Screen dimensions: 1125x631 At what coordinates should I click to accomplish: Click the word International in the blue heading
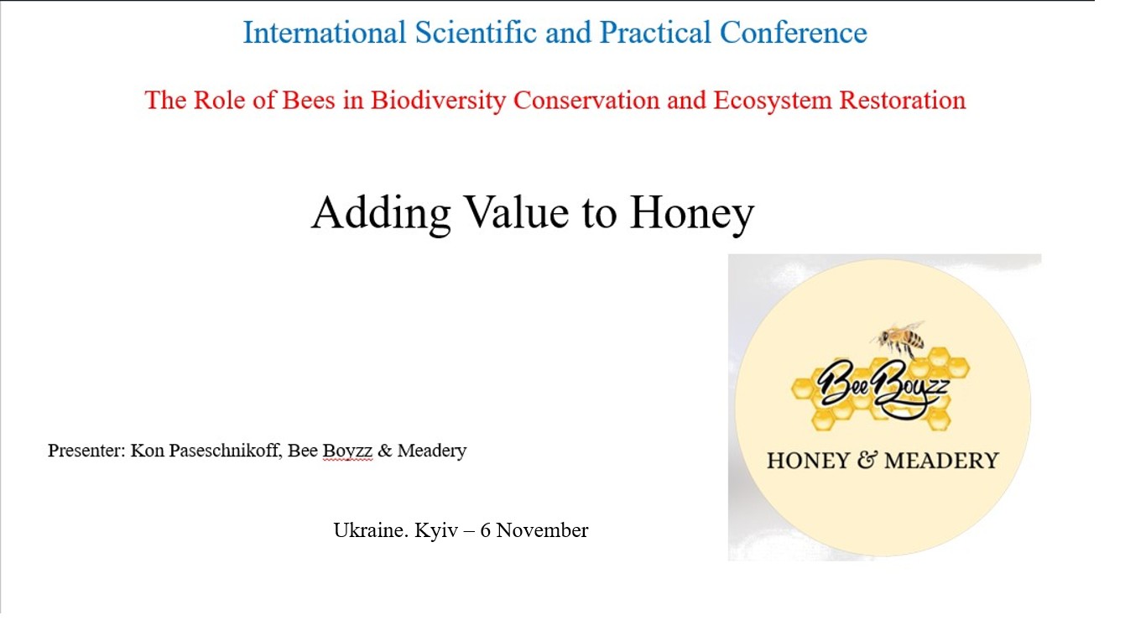(325, 33)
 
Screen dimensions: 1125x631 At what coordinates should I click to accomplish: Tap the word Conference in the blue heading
(794, 33)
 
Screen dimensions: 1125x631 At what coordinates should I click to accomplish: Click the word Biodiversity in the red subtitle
(438, 101)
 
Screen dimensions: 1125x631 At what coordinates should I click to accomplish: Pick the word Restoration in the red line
(903, 100)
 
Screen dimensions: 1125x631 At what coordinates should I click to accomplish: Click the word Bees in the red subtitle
(309, 100)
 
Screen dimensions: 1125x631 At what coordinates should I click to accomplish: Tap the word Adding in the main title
(381, 213)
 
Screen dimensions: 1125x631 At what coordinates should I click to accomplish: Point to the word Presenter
(86, 450)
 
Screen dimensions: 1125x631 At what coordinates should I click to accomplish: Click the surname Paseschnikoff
(224, 450)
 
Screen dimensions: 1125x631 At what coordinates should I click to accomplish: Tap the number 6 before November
(485, 530)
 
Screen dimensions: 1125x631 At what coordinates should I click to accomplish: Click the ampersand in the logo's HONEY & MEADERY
(867, 460)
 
